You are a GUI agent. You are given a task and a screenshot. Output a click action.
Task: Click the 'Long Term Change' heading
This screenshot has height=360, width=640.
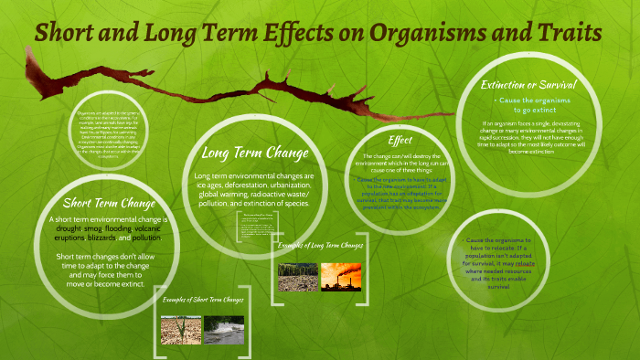click(256, 153)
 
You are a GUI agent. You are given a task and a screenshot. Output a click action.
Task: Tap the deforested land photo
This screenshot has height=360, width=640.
click(297, 278)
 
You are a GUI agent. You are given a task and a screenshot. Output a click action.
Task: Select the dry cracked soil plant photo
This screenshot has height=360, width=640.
click(181, 329)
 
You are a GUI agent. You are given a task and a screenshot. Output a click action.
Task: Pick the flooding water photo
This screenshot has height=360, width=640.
click(223, 329)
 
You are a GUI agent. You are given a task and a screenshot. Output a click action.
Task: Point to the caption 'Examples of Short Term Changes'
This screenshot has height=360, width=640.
click(204, 299)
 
